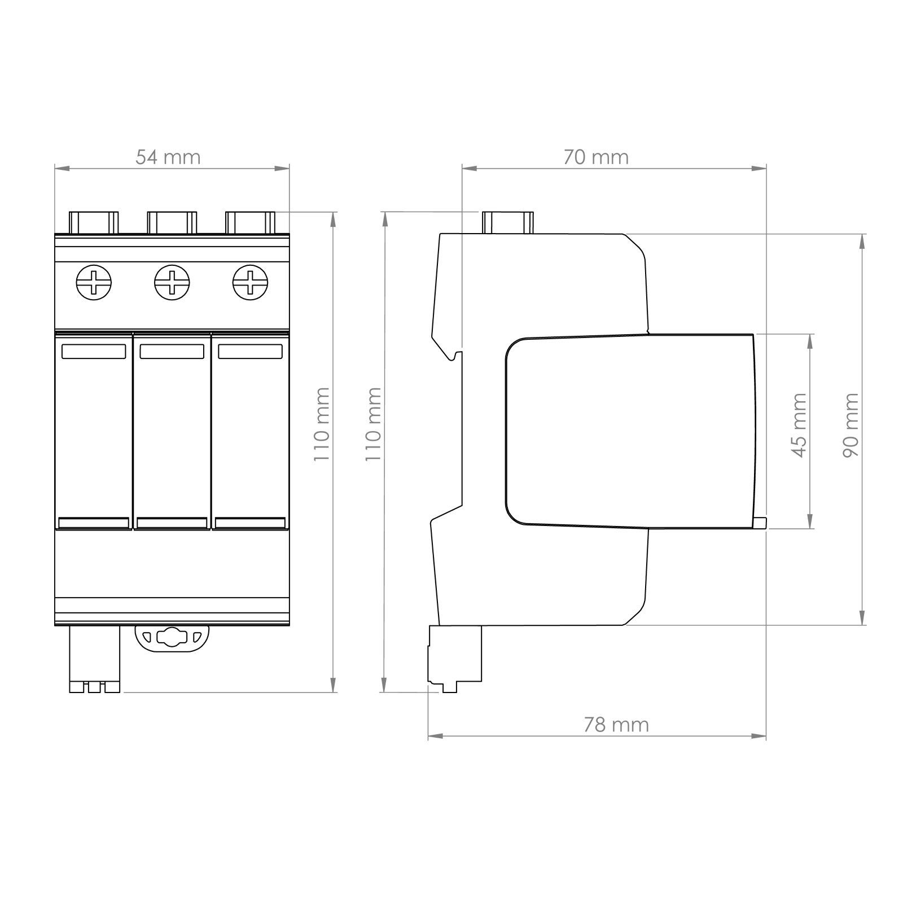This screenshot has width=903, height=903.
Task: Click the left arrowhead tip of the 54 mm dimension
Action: [55, 168]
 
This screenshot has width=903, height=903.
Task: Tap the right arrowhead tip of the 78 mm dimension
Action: [766, 736]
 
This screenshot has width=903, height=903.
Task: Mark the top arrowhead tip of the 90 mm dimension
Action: [862, 234]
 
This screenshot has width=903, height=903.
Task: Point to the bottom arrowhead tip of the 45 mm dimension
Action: [811, 528]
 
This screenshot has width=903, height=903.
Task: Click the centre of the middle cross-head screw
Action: [172, 282]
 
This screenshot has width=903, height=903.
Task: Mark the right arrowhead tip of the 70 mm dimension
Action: [766, 168]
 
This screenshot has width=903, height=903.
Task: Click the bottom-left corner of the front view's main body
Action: [55, 625]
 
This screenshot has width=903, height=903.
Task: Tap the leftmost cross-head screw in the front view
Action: [94, 282]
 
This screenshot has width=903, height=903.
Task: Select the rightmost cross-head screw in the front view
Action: [251, 282]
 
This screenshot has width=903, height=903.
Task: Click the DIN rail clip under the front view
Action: [172, 638]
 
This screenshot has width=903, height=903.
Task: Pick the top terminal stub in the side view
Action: [508, 222]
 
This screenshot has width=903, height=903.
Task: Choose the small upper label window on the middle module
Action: [172, 352]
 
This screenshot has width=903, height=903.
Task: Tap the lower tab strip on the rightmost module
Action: [250, 523]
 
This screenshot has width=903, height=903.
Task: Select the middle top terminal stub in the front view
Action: [172, 222]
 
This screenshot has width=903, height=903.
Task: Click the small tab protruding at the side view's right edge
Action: [760, 523]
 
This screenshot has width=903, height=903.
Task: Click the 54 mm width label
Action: [168, 157]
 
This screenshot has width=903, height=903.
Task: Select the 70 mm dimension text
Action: [596, 157]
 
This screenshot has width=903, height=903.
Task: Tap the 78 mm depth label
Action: [616, 724]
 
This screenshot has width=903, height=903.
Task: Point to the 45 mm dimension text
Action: [800, 426]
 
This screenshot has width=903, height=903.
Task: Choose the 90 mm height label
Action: [851, 426]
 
